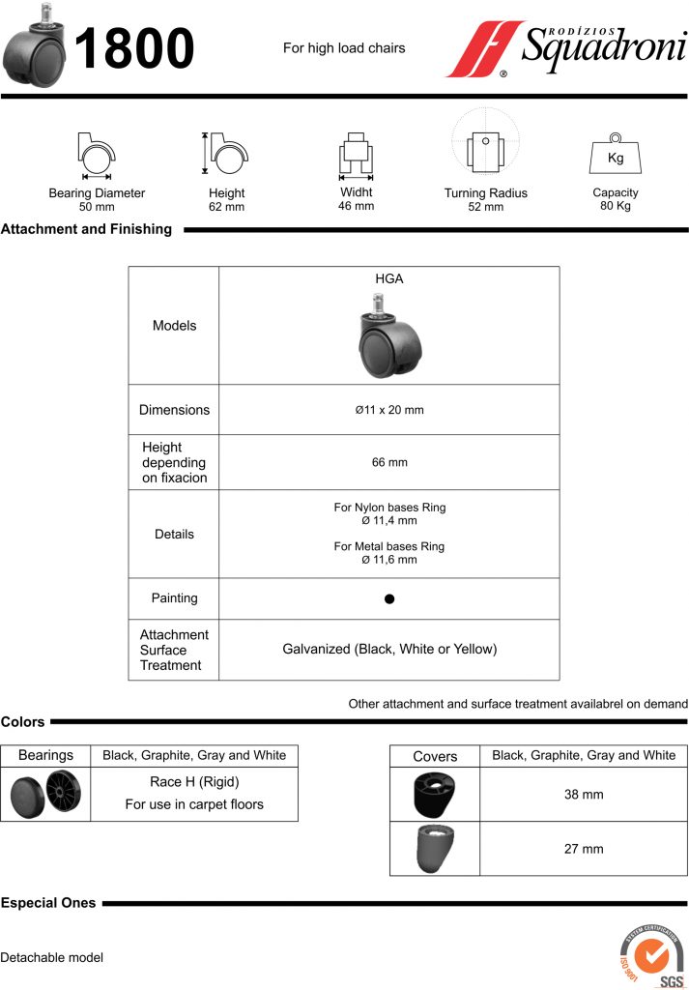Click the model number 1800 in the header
click(134, 48)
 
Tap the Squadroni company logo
click(565, 48)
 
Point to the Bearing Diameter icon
click(96, 155)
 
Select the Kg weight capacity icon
click(615, 154)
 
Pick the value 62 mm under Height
click(226, 207)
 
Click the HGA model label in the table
click(388, 278)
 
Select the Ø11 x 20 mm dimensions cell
click(388, 410)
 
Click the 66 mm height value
click(389, 462)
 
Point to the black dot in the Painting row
click(389, 598)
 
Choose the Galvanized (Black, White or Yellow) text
click(389, 650)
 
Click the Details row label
click(174, 534)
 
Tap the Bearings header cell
click(45, 755)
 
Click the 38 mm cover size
click(583, 795)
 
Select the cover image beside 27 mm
click(434, 848)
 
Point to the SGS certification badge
click(652, 957)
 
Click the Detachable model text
click(51, 957)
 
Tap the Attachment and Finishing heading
click(86, 230)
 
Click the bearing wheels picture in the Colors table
click(45, 795)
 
